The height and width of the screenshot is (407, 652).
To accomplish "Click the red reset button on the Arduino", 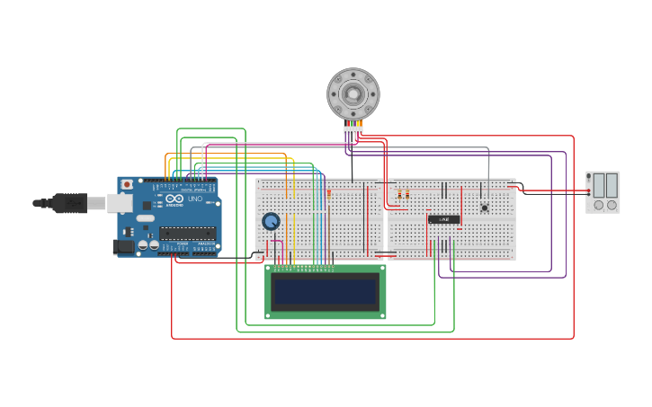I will click(x=127, y=184).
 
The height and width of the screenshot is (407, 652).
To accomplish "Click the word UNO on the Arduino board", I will click(x=195, y=199).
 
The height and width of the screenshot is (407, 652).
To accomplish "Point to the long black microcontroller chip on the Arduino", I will click(x=187, y=234).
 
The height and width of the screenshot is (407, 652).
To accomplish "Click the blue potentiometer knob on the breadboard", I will click(x=271, y=221).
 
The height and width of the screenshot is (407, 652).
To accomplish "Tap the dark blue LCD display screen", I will click(x=326, y=292).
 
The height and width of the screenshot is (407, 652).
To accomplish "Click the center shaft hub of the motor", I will click(x=353, y=93).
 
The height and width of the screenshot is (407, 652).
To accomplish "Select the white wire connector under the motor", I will click(x=353, y=130).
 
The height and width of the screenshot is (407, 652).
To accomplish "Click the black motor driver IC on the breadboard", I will click(x=443, y=219).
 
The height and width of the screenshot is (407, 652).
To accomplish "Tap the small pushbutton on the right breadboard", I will click(x=485, y=208).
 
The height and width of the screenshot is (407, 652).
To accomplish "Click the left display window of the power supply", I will click(x=598, y=186).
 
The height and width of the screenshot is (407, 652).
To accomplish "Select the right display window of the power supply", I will click(x=612, y=186).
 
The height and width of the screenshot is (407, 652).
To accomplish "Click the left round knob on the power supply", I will click(x=598, y=205).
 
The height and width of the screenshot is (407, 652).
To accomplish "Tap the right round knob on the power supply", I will click(x=612, y=205).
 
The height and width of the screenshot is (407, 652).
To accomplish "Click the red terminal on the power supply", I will click(x=588, y=190).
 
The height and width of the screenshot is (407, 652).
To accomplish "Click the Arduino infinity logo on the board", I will click(x=174, y=199).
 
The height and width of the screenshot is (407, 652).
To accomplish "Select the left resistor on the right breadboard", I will click(x=399, y=194).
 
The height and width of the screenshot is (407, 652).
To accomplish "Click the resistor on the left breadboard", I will click(x=328, y=193).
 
